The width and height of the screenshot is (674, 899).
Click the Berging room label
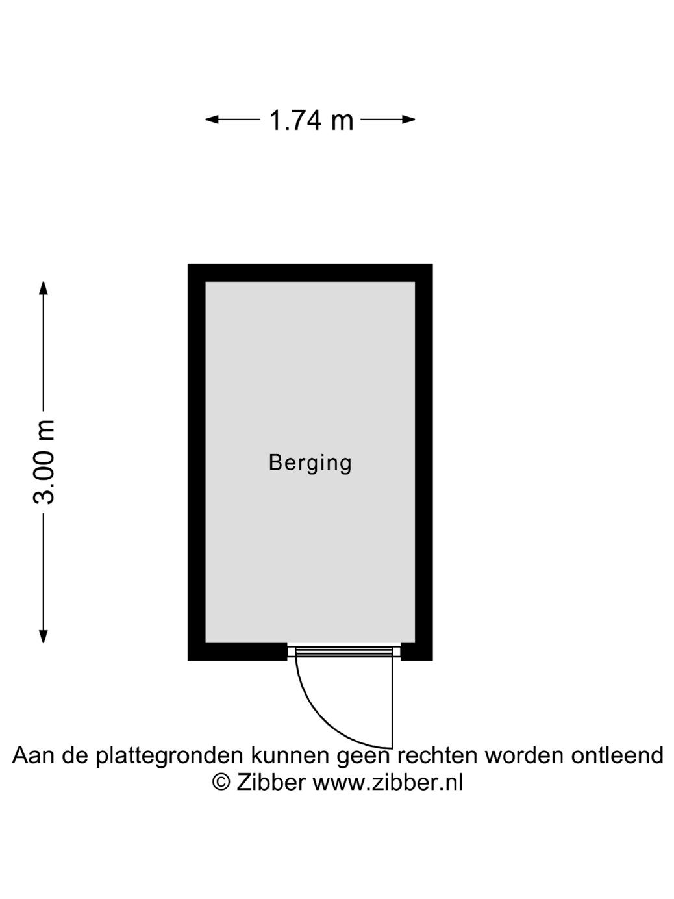(x=310, y=463)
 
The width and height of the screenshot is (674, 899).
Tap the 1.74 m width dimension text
(x=311, y=120)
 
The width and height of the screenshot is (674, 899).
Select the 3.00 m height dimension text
(x=44, y=462)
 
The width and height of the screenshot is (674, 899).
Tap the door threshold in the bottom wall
(x=344, y=650)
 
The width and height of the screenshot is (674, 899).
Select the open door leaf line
(x=392, y=702)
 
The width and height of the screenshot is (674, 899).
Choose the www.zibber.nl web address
(x=388, y=783)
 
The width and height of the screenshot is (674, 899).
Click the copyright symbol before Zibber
(x=221, y=782)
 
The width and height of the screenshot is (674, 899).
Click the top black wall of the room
(x=310, y=273)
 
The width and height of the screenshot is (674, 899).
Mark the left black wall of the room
(x=197, y=462)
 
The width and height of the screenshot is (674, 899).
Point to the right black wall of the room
(x=423, y=462)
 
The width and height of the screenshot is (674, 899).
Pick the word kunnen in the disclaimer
(x=290, y=756)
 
